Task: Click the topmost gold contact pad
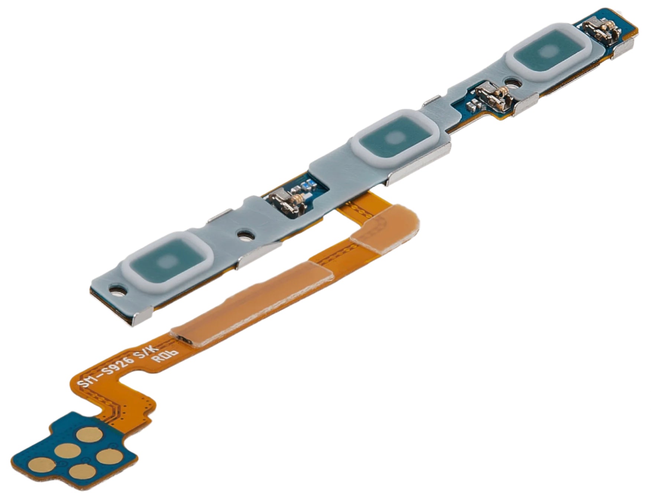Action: (x=88, y=434)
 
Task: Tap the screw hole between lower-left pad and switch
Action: (x=245, y=235)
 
